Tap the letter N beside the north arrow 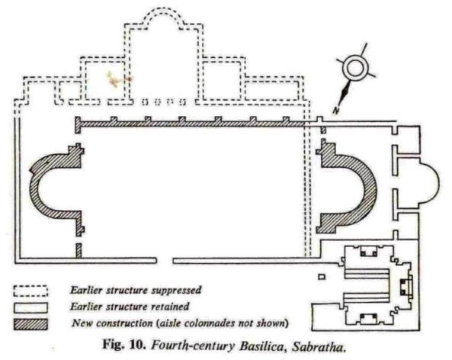tap(335, 110)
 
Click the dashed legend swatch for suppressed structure tap(30, 291)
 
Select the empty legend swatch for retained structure tap(30, 307)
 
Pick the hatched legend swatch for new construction tap(30, 324)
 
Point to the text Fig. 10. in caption tap(124, 345)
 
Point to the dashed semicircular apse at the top tap(163, 11)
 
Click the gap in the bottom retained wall tap(165, 261)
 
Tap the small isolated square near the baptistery tap(322, 277)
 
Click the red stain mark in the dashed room tap(118, 79)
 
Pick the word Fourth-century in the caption tap(193, 346)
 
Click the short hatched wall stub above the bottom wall tap(79, 250)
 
